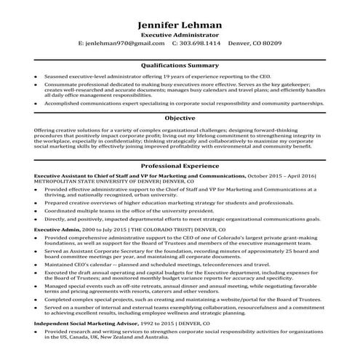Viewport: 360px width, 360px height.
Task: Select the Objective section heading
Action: [x=180, y=117]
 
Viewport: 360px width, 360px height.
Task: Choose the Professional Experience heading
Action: [x=180, y=167]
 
